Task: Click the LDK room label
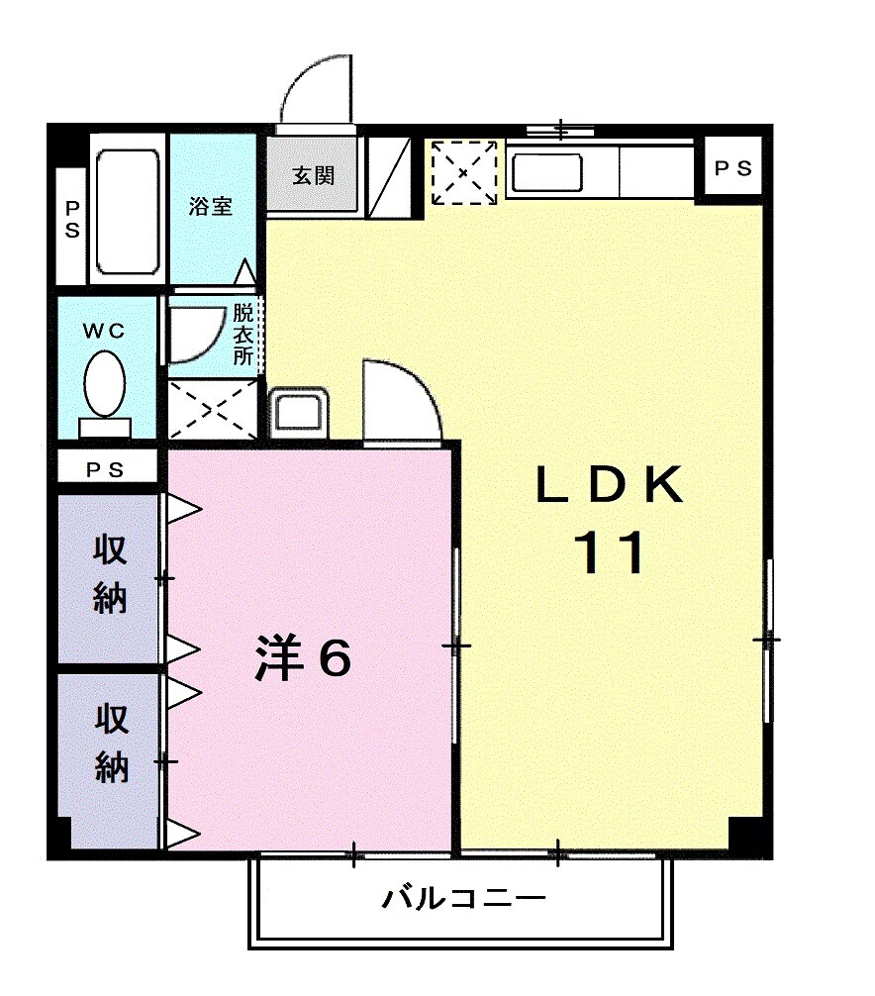[x=609, y=486]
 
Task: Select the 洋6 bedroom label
[x=303, y=658]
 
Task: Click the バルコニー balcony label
[x=463, y=900]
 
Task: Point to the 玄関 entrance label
[x=313, y=176]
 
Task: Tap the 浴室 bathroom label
[x=211, y=206]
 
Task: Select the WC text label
[x=104, y=333]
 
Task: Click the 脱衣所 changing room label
[x=243, y=335]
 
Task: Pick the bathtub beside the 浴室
[x=128, y=211]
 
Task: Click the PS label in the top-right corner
[x=733, y=169]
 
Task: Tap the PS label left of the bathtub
[x=72, y=220]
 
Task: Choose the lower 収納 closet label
[x=111, y=745]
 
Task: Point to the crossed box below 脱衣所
[x=211, y=408]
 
